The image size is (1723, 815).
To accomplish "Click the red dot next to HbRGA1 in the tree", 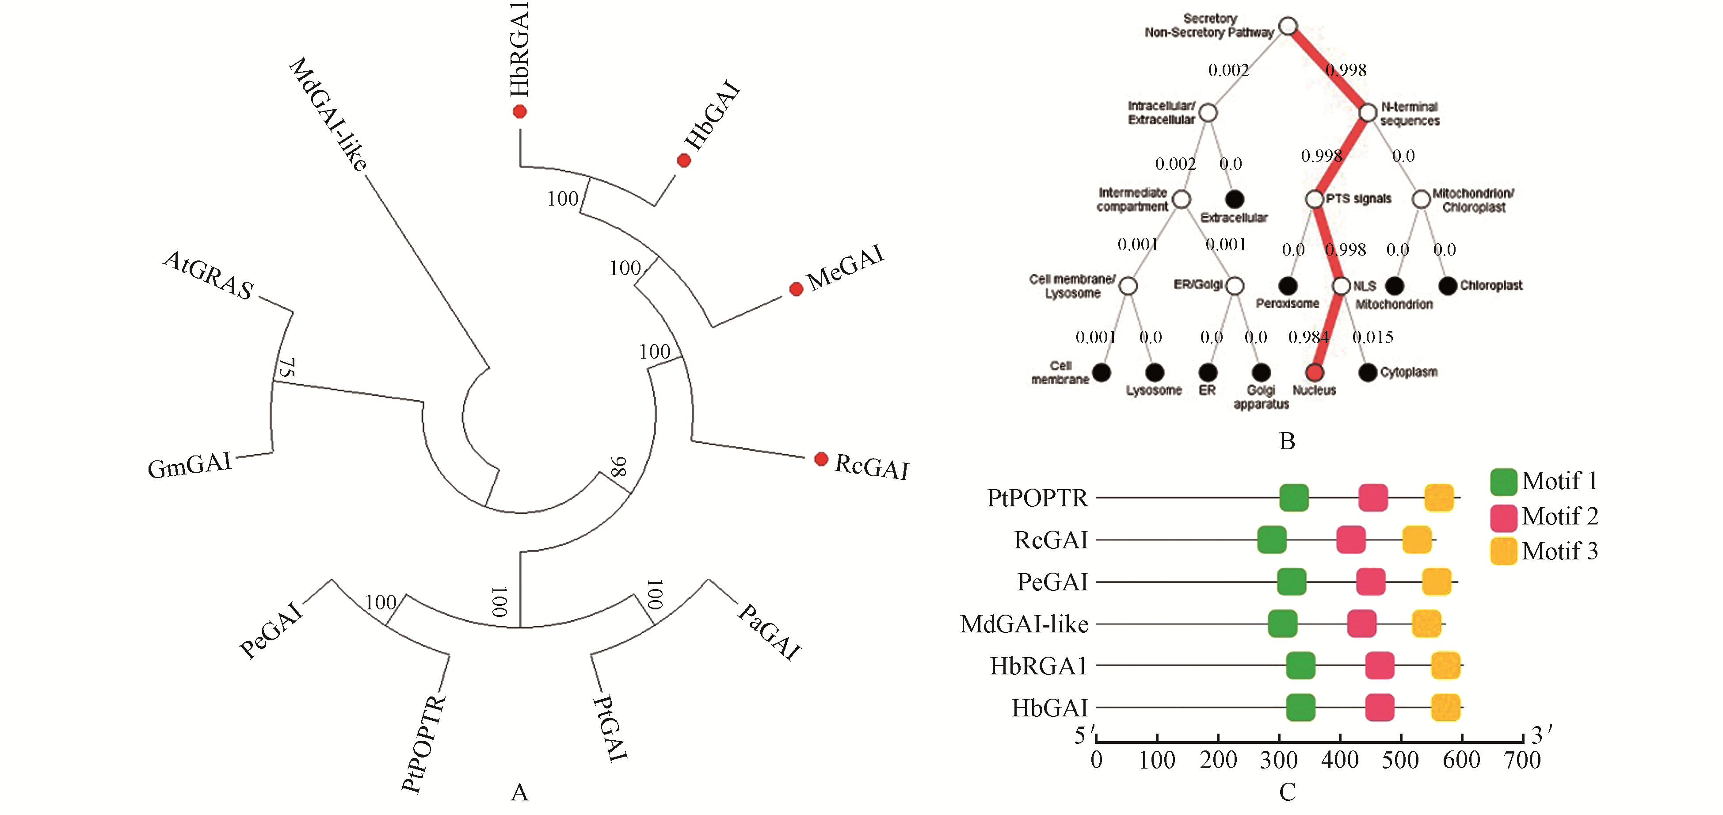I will (x=520, y=112).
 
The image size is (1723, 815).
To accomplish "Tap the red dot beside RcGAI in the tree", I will (x=821, y=459).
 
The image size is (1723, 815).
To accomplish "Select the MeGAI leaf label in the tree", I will (x=846, y=267).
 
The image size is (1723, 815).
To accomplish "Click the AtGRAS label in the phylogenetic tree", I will (x=208, y=275).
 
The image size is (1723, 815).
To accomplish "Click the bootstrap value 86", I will (x=619, y=467).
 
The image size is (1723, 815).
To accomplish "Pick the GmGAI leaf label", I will (x=189, y=465).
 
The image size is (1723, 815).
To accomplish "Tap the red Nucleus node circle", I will (x=1314, y=372).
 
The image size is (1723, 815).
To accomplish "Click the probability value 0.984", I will (x=1308, y=337).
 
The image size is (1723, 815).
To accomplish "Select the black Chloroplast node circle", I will (x=1448, y=286).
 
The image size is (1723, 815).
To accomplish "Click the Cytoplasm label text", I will (x=1409, y=372).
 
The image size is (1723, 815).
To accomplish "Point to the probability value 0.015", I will (x=1372, y=337).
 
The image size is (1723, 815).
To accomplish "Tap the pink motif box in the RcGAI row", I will (x=1350, y=540).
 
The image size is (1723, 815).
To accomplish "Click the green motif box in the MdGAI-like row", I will (x=1282, y=624).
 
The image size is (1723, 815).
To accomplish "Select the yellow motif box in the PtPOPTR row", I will (x=1439, y=498).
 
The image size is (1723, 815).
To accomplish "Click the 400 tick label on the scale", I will (x=1340, y=760).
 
